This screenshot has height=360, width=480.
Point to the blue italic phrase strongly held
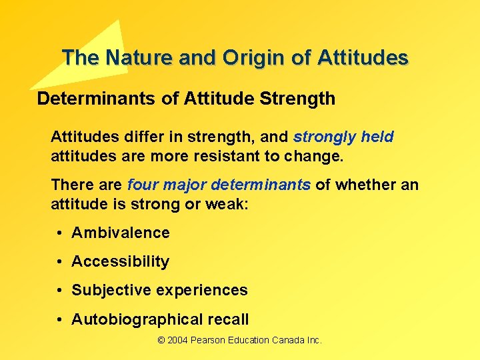pos(343,137)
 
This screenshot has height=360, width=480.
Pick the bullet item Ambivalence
pos(120,233)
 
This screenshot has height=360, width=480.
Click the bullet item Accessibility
pos(120,261)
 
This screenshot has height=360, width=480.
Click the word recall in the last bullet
pos(227,319)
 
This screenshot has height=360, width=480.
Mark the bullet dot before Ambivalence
pos(59,233)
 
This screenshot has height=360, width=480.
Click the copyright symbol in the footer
pos(161,341)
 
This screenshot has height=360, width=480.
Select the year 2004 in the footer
pos(177,341)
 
